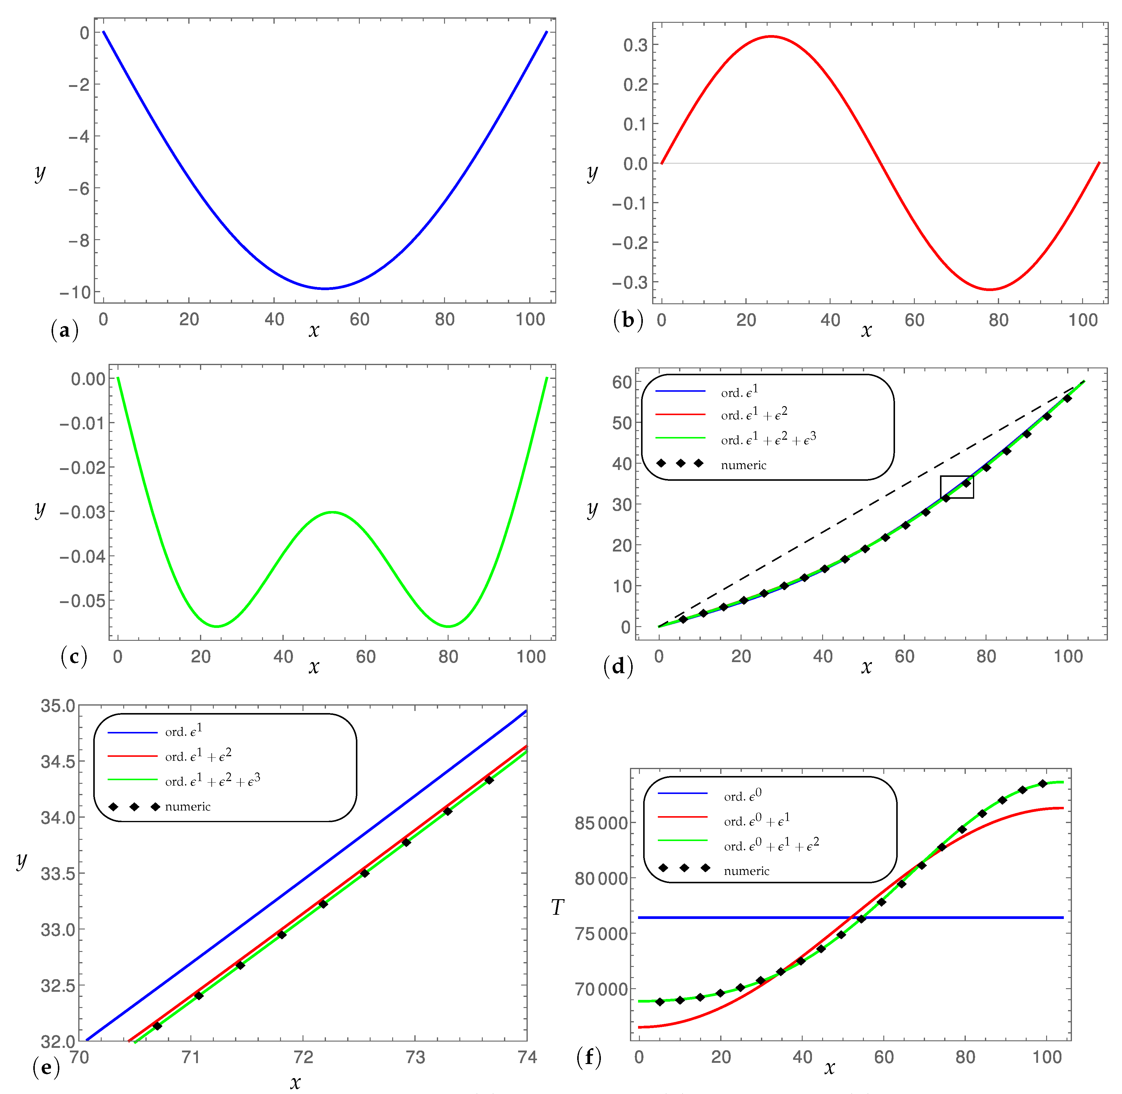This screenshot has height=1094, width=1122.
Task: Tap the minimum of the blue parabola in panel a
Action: [325, 288]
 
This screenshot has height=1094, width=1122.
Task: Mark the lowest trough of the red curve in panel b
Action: [990, 289]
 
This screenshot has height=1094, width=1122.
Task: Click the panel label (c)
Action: [73, 656]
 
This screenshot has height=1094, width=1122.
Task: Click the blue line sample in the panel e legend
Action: [132, 733]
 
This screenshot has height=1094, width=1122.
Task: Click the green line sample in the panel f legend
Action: [682, 840]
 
